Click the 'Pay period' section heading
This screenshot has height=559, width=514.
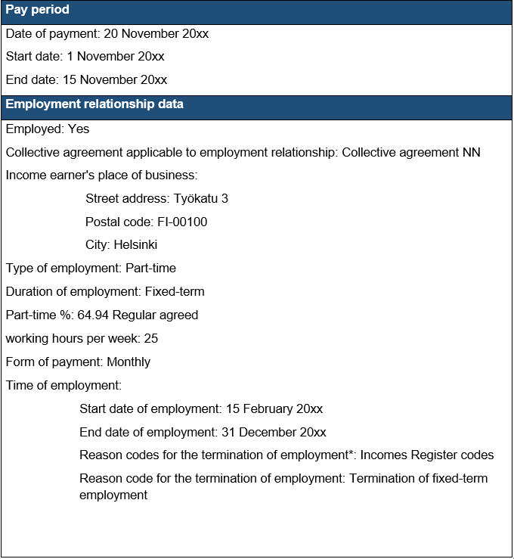pos(38,11)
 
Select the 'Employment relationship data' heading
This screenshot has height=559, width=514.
pos(94,105)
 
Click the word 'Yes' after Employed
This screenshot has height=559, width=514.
pos(79,129)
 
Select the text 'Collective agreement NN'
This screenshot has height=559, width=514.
pos(411,153)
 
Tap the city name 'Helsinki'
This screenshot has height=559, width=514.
pos(135,245)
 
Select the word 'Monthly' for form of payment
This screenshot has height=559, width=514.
pos(128,362)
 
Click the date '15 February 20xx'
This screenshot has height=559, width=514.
pos(274,409)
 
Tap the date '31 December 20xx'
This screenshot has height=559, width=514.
pos(274,433)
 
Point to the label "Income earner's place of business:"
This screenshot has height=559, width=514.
pos(101,175)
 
